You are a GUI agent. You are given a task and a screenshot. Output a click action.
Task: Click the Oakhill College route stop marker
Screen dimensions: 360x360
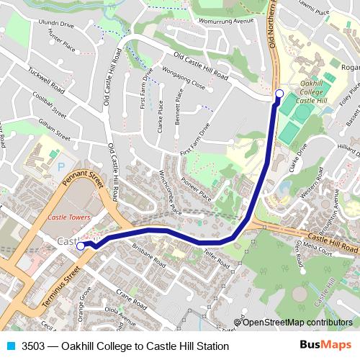point(279,93)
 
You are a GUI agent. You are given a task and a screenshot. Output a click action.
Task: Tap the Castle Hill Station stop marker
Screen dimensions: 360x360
point(81,246)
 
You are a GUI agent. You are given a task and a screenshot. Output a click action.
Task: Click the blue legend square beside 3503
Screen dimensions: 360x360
point(9,346)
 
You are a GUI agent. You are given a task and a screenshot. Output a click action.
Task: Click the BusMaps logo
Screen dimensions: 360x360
point(325,346)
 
